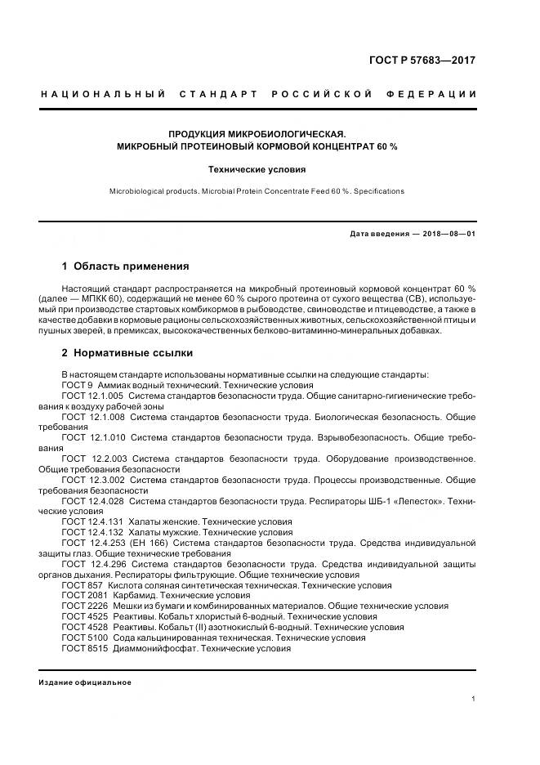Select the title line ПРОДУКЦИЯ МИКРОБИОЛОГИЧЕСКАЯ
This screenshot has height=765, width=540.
(257, 134)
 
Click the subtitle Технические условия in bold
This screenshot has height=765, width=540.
(257, 170)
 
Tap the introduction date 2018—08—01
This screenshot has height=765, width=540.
(449, 233)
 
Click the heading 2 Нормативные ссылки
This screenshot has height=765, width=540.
(127, 353)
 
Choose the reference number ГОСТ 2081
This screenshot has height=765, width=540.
(83, 596)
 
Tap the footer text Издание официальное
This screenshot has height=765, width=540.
(85, 682)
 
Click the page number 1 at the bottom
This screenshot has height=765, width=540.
(474, 699)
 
